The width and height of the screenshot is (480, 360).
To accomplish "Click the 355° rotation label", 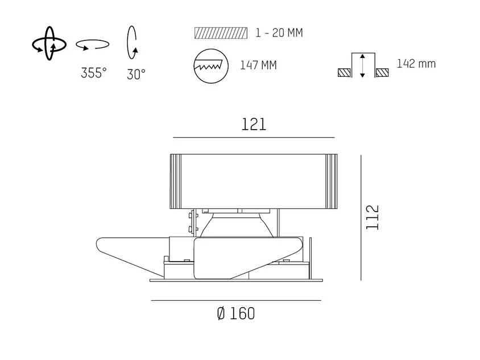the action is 94,73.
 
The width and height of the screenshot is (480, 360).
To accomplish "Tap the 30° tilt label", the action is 136,74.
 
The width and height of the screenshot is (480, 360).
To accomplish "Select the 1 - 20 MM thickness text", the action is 279,33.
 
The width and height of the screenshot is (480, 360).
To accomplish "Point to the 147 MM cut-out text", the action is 258,65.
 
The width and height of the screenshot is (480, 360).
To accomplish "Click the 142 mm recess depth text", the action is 416,64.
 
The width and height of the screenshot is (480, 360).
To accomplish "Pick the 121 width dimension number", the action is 254,125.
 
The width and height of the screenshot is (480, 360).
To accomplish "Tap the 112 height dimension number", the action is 373,217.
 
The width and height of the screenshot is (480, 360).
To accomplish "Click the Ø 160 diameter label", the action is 235,313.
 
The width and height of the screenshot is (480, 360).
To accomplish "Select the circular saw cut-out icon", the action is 211,66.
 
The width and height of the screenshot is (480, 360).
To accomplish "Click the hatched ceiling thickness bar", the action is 221,33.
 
